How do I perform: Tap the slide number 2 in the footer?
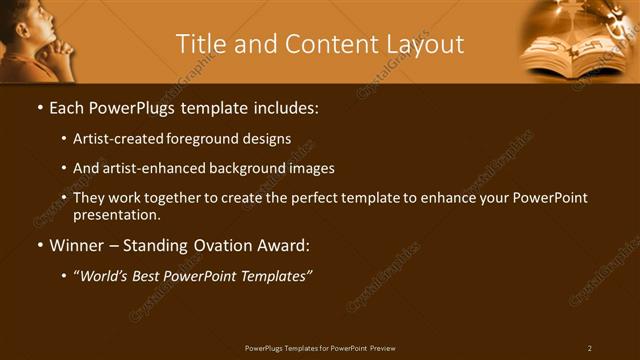[x=589, y=348]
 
